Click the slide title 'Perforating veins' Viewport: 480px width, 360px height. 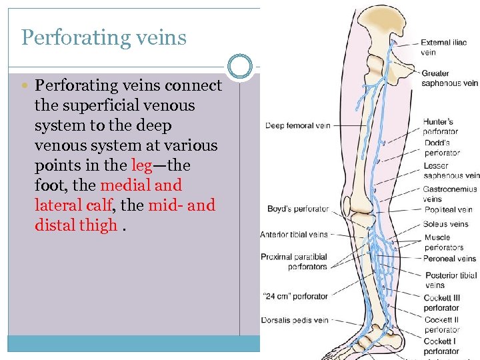(x=103, y=37)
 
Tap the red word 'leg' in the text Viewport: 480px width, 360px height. (x=142, y=165)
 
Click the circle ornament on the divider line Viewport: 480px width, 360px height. (x=240, y=66)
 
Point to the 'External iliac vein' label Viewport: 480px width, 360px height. (x=444, y=47)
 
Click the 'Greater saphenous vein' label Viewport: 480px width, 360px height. (x=449, y=78)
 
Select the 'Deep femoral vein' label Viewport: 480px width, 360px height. (x=297, y=125)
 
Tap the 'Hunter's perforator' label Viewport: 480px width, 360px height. (x=441, y=126)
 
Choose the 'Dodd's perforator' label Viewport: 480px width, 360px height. (x=441, y=147)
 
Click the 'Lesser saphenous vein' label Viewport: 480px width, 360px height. (x=451, y=171)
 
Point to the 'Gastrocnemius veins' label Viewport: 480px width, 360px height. (x=449, y=194)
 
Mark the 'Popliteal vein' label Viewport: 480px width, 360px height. (x=448, y=209)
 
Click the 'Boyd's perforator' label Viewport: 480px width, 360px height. (x=297, y=209)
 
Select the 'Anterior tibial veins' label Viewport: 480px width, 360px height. (x=294, y=235)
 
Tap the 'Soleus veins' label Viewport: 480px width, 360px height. (x=446, y=226)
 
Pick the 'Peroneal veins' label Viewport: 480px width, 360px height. (x=449, y=259)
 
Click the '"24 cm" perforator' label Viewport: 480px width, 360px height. (x=296, y=296)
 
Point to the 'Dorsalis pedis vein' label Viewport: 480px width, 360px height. (x=295, y=321)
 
